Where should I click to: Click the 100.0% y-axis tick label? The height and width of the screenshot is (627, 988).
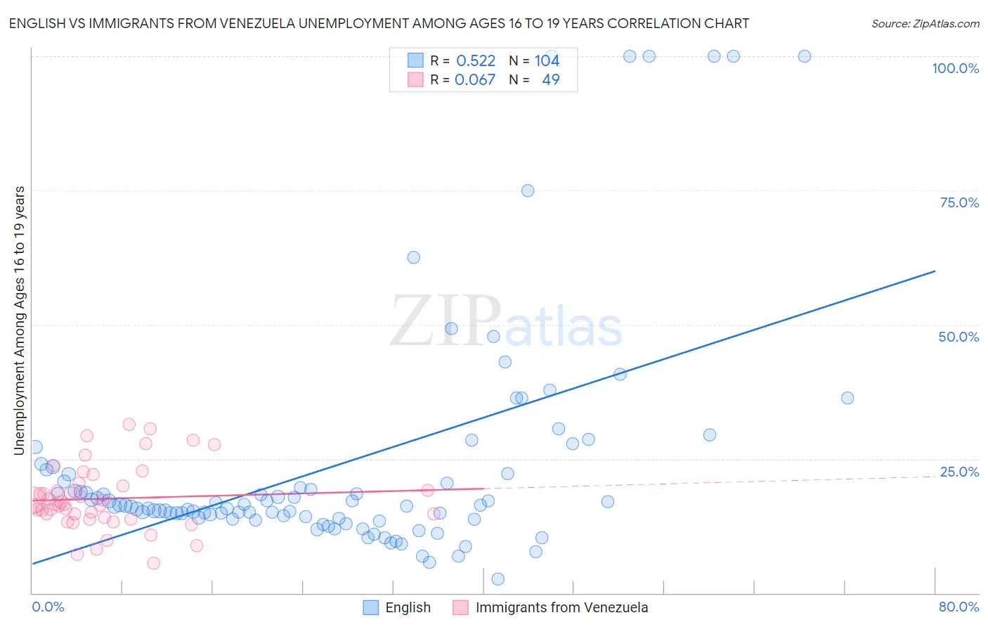(955, 68)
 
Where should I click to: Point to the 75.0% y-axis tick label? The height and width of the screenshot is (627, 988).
(959, 202)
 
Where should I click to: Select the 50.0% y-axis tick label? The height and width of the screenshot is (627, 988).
(958, 337)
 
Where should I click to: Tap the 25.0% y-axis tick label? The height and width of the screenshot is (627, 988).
(959, 472)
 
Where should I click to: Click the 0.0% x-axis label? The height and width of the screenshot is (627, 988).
(48, 607)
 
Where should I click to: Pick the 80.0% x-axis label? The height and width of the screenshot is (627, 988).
(958, 607)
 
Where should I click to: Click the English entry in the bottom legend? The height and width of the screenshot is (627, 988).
(408, 607)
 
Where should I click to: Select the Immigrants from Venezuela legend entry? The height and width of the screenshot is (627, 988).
(561, 607)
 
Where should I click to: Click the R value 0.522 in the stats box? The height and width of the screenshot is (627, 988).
(476, 60)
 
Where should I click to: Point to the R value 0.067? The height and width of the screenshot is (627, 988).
(475, 79)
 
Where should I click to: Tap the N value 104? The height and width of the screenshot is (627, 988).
(547, 60)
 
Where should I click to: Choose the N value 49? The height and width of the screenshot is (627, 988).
(551, 79)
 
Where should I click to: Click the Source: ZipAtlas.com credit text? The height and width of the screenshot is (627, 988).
(925, 23)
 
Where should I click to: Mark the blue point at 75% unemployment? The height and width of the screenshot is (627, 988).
(528, 190)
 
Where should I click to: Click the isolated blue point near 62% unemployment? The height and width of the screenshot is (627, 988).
(414, 257)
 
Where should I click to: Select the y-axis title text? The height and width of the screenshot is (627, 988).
(20, 320)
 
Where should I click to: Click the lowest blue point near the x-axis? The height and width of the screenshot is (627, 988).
(498, 578)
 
